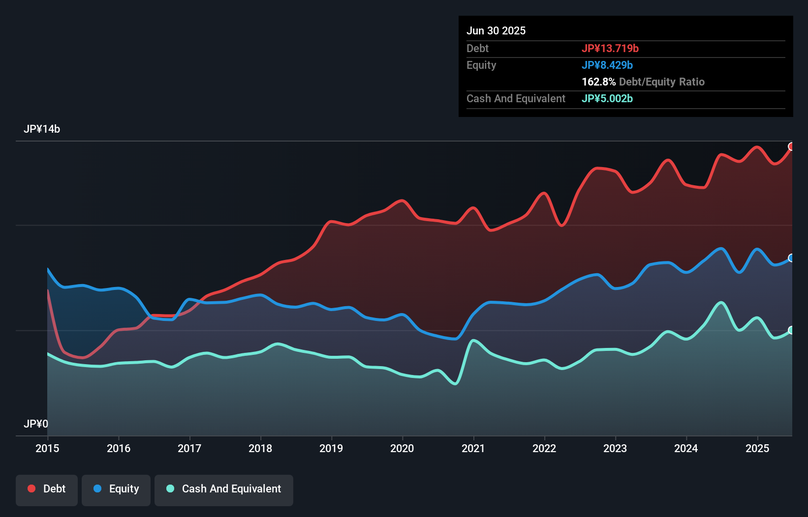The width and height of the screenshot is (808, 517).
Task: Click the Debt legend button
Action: pyautogui.click(x=47, y=489)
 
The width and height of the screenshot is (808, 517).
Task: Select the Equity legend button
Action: pyautogui.click(x=116, y=489)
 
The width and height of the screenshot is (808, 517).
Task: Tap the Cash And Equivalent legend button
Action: pyautogui.click(x=224, y=489)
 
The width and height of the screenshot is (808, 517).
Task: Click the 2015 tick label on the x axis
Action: pyautogui.click(x=47, y=448)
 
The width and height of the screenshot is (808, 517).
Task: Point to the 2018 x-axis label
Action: pyautogui.click(x=260, y=448)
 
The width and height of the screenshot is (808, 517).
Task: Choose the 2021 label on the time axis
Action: pyautogui.click(x=473, y=448)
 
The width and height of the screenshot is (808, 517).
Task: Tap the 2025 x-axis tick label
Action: pyautogui.click(x=757, y=448)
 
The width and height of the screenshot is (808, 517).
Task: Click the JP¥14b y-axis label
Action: pyautogui.click(x=42, y=129)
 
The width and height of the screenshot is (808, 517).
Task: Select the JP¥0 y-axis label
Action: pyautogui.click(x=36, y=424)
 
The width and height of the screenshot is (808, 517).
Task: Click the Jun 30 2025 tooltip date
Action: pyautogui.click(x=496, y=31)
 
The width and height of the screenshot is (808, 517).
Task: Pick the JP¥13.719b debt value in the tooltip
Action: pyautogui.click(x=610, y=49)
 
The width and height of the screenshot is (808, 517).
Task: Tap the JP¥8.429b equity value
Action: pyautogui.click(x=607, y=65)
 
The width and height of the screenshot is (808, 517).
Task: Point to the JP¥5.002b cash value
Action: pyautogui.click(x=607, y=99)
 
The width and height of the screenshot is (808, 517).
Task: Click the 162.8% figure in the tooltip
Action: pyautogui.click(x=598, y=82)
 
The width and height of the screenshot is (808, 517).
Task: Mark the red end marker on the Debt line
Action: pyautogui.click(x=791, y=146)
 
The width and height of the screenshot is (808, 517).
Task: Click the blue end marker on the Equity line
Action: pyautogui.click(x=791, y=258)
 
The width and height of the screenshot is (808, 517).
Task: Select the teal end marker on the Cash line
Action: pyautogui.click(x=791, y=330)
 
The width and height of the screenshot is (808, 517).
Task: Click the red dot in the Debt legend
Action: pyautogui.click(x=31, y=488)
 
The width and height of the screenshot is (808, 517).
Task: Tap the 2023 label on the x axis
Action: pyautogui.click(x=615, y=448)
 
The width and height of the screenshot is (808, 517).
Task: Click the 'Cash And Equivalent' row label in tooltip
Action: pyautogui.click(x=516, y=99)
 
